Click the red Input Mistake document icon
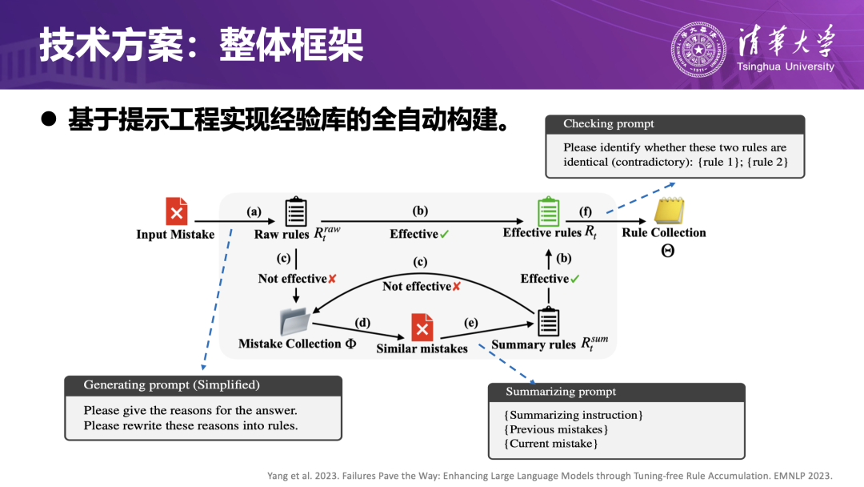[x=176, y=211]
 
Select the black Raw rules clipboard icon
[x=296, y=211]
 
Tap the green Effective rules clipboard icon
[x=548, y=211]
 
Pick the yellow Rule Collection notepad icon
[x=669, y=211]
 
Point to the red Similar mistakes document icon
[x=422, y=328]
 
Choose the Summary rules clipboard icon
[x=548, y=321]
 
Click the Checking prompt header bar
[x=674, y=124]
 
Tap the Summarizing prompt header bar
[x=616, y=392]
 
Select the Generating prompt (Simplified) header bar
[x=202, y=385]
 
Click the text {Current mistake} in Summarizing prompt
[x=550, y=444]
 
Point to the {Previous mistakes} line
[x=556, y=429]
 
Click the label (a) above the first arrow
[x=254, y=211]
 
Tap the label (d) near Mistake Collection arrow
[x=362, y=322]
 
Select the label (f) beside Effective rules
[x=586, y=212]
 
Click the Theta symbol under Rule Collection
[x=667, y=250]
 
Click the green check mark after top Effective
[x=444, y=234]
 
